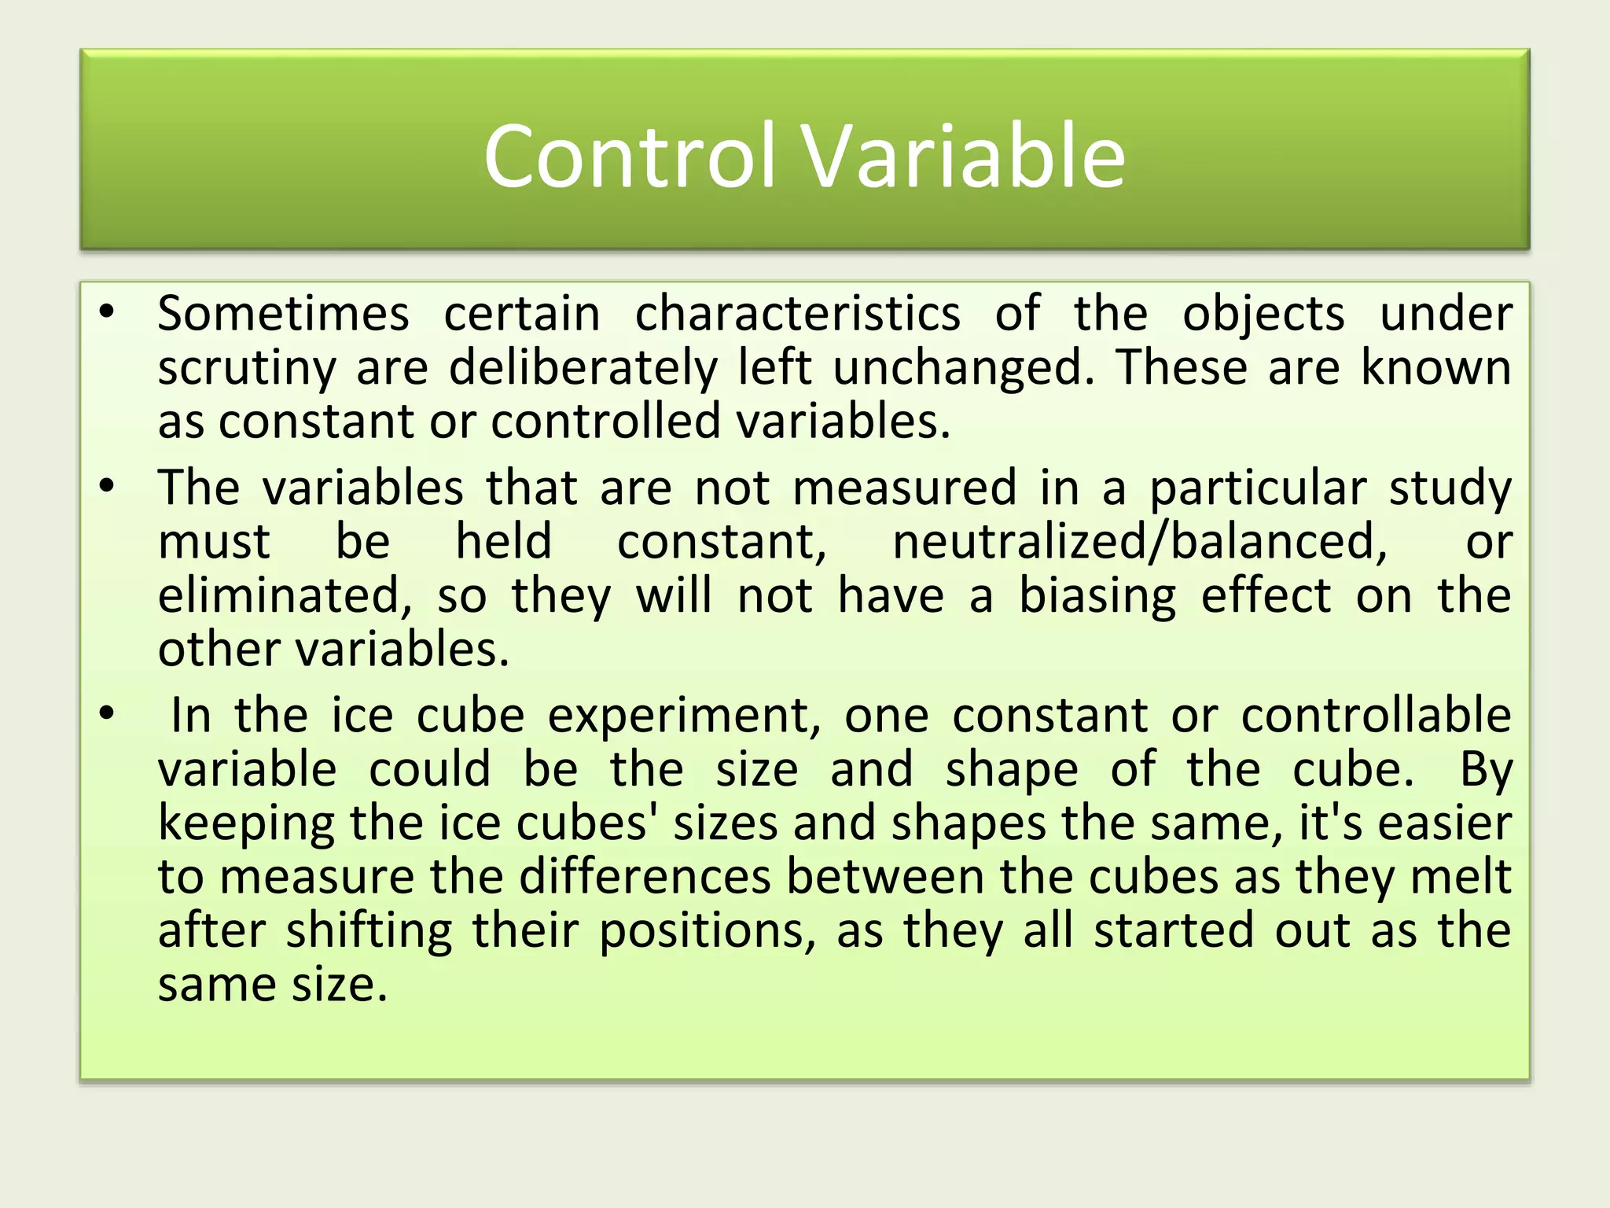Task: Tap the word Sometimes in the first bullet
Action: pos(283,314)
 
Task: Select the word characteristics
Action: pos(797,314)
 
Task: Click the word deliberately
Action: pos(583,367)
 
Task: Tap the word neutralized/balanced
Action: pos(1140,542)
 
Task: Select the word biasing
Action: pos(1097,597)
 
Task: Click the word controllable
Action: pos(1376,715)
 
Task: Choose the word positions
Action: pos(708,932)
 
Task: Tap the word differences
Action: pos(645,877)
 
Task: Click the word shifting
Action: pos(369,932)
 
